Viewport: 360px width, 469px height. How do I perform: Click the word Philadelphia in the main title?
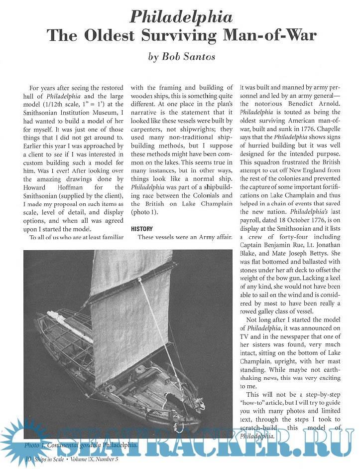181,18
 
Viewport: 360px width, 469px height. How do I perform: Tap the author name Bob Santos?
182,56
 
